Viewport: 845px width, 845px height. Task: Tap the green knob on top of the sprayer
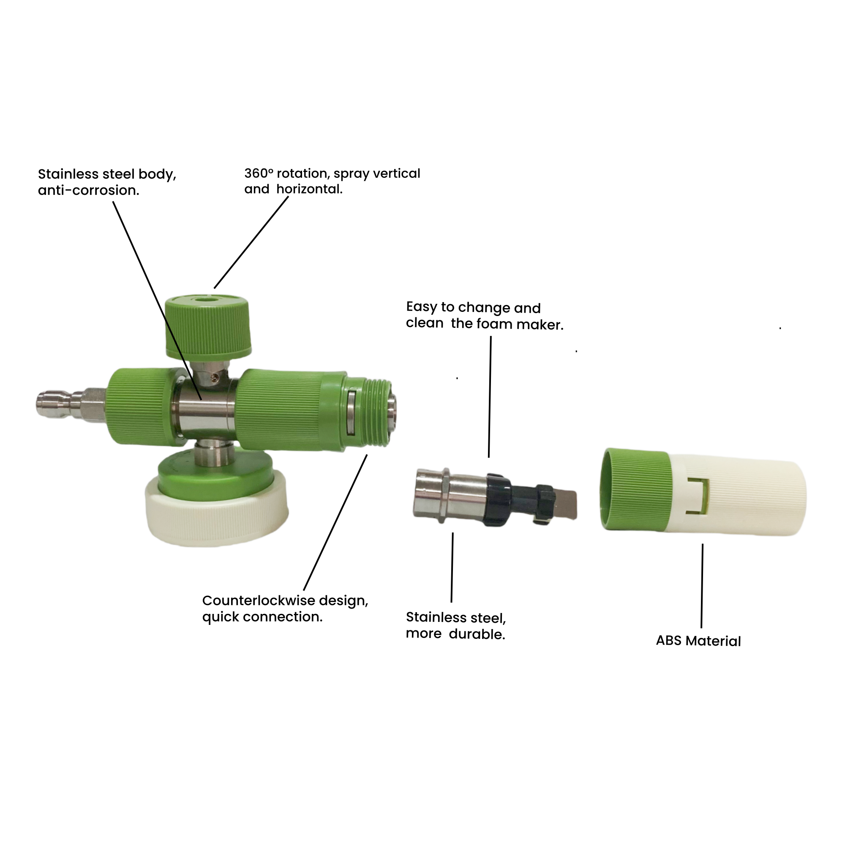tap(208, 325)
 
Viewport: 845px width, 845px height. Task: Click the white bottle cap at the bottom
tap(217, 510)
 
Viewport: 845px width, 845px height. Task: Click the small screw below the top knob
tap(214, 377)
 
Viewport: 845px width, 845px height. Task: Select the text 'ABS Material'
tap(698, 641)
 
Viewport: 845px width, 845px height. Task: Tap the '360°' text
tap(259, 173)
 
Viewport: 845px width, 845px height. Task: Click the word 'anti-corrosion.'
tap(88, 190)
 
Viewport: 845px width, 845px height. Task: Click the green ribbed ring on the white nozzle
tap(635, 490)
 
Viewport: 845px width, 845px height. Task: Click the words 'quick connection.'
tap(262, 617)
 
